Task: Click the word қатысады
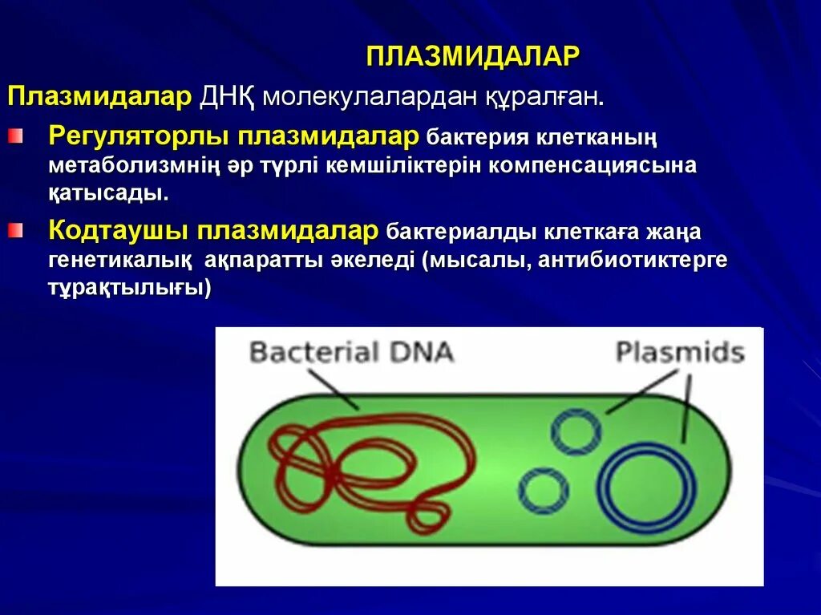108,193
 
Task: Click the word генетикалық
119,261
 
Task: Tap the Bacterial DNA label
351,352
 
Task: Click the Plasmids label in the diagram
680,352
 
